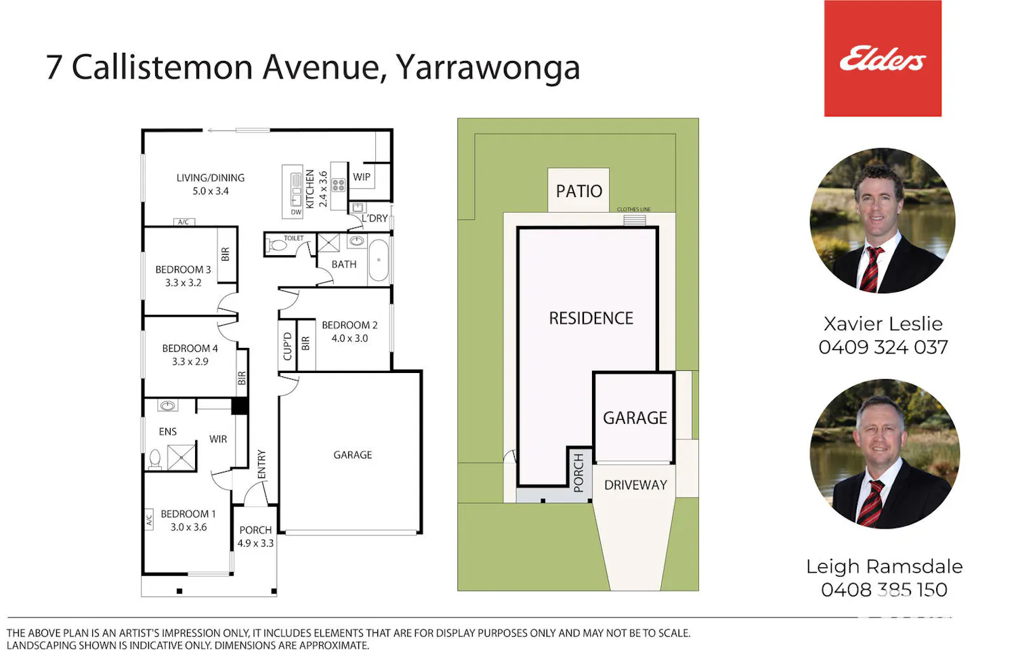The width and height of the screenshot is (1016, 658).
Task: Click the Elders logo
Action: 883,58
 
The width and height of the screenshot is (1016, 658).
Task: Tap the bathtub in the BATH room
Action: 378,261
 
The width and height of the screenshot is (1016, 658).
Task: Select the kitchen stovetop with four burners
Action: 339,184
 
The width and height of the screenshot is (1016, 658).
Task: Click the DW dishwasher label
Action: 296,212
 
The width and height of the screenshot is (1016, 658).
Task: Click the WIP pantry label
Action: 362,177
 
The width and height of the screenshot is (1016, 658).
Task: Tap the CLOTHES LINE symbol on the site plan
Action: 634,220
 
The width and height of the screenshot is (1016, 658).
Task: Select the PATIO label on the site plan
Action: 578,191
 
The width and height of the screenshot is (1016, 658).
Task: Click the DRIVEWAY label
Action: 635,485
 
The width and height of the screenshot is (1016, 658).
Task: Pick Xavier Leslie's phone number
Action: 883,347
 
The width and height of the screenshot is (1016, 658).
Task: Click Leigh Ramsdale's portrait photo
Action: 885,454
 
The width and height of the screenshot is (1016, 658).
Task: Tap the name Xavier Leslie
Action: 883,324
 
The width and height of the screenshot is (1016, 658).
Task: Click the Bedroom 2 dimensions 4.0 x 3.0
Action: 350,338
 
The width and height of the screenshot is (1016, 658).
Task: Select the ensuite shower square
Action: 182,457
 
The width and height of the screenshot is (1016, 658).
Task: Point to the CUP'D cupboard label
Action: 287,347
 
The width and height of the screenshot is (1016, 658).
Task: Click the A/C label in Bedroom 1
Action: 149,519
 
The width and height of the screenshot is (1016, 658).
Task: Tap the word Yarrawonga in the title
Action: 488,68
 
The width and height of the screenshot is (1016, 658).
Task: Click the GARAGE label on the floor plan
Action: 352,454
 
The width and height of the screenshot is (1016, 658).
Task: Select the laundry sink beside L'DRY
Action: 358,208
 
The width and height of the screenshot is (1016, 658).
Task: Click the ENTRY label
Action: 261,464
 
